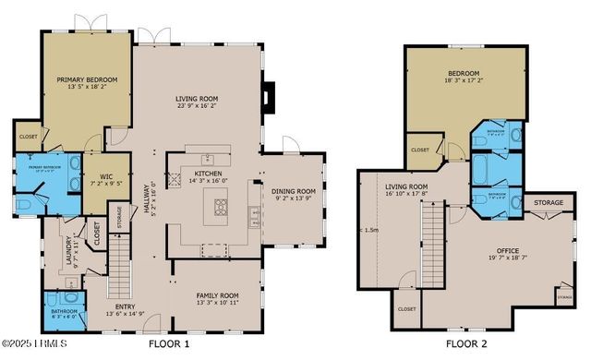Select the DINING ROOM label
294,192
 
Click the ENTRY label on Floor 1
126,306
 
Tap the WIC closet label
100,174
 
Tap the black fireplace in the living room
267,96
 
